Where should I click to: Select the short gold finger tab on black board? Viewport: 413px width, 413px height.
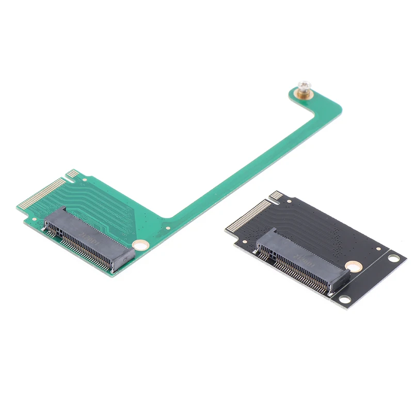[277, 196]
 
